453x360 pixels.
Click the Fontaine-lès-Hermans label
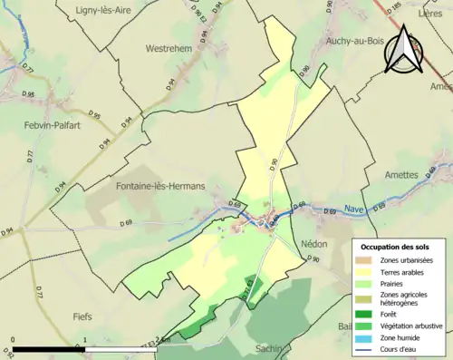(x=161, y=186)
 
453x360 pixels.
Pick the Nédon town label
(x=313, y=244)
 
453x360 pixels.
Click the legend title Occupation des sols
(x=395, y=246)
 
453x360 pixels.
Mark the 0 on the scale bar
(x=13, y=341)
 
